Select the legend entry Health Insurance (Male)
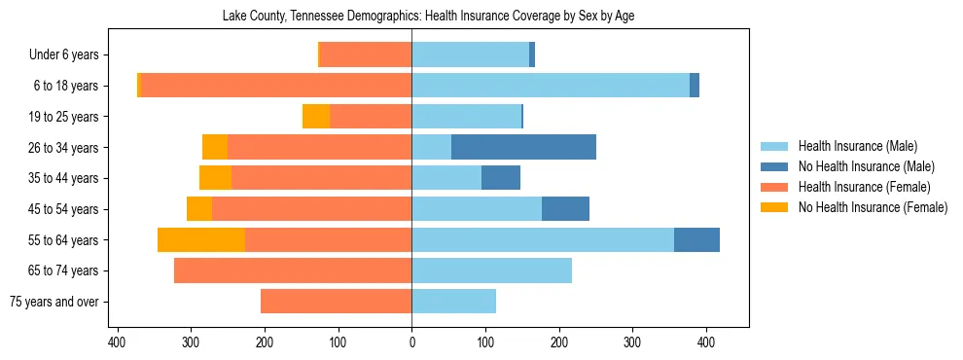tap(857, 146)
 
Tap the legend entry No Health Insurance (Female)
tap(873, 207)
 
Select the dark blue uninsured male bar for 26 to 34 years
tap(523, 147)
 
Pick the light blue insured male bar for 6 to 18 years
tap(551, 86)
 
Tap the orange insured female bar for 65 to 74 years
tap(293, 270)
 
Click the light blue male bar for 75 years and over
tap(454, 302)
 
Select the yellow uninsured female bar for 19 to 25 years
tap(316, 117)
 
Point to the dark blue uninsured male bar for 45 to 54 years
tap(565, 209)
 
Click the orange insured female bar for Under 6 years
tap(366, 54)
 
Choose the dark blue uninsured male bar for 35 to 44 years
tap(501, 178)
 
